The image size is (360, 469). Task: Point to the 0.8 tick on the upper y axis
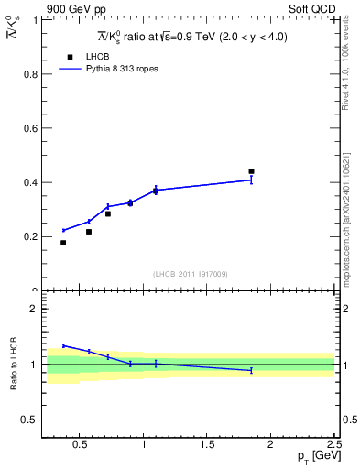tap(29, 74)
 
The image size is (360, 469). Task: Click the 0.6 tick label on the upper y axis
tap(29, 128)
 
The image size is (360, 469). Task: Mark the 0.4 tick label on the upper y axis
tap(29, 182)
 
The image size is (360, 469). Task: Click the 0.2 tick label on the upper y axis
tap(29, 236)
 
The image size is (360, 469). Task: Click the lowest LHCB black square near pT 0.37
tap(63, 243)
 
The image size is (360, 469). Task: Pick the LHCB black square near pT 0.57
tap(89, 232)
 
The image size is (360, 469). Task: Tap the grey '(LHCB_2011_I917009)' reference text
tap(191, 274)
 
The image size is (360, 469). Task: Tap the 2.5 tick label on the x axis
tap(333, 447)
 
